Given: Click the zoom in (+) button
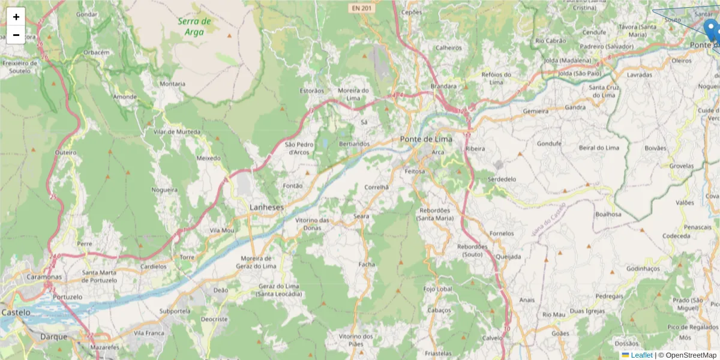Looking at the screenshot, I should (x=16, y=17).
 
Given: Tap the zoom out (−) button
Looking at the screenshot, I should (x=16, y=35).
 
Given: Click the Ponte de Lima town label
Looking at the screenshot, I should (x=425, y=139).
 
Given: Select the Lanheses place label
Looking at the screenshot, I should (x=266, y=207).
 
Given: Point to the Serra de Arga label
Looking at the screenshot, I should (x=195, y=26).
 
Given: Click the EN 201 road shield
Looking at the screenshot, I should (x=362, y=8).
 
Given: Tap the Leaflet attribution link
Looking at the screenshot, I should (x=641, y=355).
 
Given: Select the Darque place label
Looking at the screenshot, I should (x=54, y=337).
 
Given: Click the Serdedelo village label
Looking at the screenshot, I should (x=502, y=179).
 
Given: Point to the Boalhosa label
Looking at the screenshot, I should (x=608, y=214).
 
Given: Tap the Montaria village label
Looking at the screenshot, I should (x=172, y=84).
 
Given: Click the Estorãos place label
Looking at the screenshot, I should (x=311, y=91).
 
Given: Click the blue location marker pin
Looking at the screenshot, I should (x=712, y=29).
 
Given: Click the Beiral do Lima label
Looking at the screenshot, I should (x=599, y=148).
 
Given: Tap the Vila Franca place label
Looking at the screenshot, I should (x=149, y=332).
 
